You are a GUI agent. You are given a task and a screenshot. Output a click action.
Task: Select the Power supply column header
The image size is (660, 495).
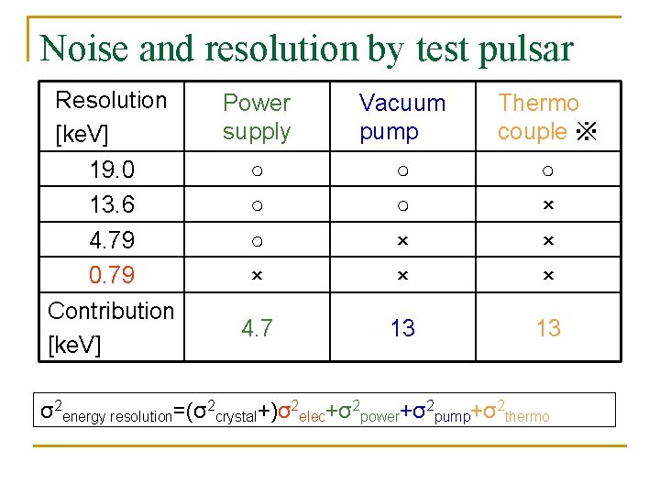pos(257,117)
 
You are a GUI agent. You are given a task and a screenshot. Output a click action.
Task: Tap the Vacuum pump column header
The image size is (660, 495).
pos(401,117)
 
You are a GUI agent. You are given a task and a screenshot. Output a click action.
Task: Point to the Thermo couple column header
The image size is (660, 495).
pos(538,117)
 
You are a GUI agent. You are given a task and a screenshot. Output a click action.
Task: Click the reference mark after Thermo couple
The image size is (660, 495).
pos(586,133)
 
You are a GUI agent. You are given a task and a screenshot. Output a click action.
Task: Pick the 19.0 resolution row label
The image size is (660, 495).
pos(112,170)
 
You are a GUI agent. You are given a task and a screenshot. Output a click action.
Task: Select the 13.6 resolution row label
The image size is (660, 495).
pos(112,205)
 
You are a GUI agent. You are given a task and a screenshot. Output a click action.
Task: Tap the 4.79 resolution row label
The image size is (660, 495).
pos(112,240)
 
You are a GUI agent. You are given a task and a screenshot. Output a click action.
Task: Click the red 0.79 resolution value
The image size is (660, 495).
pos(112,275)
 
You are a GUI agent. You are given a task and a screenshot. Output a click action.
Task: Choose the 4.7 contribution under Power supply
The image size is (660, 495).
pos(257,328)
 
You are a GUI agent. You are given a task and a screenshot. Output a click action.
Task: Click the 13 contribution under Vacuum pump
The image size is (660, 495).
pos(402,328)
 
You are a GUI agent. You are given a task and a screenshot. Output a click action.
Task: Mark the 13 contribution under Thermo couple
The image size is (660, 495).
pos(548,328)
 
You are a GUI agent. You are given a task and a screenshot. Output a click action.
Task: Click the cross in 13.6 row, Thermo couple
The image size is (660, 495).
pos(548,205)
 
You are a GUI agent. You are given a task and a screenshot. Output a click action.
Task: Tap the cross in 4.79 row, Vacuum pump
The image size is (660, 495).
pos(402,240)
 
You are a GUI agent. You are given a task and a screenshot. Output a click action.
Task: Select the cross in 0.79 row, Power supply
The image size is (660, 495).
pos(257,275)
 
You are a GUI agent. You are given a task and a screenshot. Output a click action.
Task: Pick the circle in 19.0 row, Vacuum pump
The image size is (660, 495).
pos(402,170)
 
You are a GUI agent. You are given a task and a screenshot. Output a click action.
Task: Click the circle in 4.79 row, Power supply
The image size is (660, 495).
pos(257,241)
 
